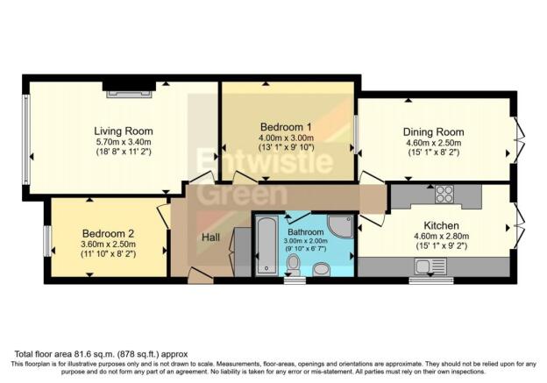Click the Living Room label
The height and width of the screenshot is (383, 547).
124,131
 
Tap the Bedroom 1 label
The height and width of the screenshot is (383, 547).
286,126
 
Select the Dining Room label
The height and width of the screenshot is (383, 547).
434,132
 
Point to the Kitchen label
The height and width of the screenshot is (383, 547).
441,225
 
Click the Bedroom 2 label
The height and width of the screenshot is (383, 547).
108,233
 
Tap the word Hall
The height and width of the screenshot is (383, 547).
210,238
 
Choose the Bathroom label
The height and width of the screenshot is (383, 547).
306,232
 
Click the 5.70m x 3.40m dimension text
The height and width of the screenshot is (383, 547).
124,142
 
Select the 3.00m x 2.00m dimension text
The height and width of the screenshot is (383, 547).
306,241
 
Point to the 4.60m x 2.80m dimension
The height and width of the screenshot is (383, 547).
441,237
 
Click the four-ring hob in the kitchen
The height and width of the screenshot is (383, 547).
444,194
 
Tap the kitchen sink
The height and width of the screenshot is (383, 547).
430,267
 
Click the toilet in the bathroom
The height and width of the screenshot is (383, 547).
294,265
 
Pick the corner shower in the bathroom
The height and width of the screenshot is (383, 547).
340,227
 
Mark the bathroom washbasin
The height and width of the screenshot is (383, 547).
322,269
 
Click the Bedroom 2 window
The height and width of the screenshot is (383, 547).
47,241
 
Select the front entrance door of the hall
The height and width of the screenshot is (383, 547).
200,275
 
